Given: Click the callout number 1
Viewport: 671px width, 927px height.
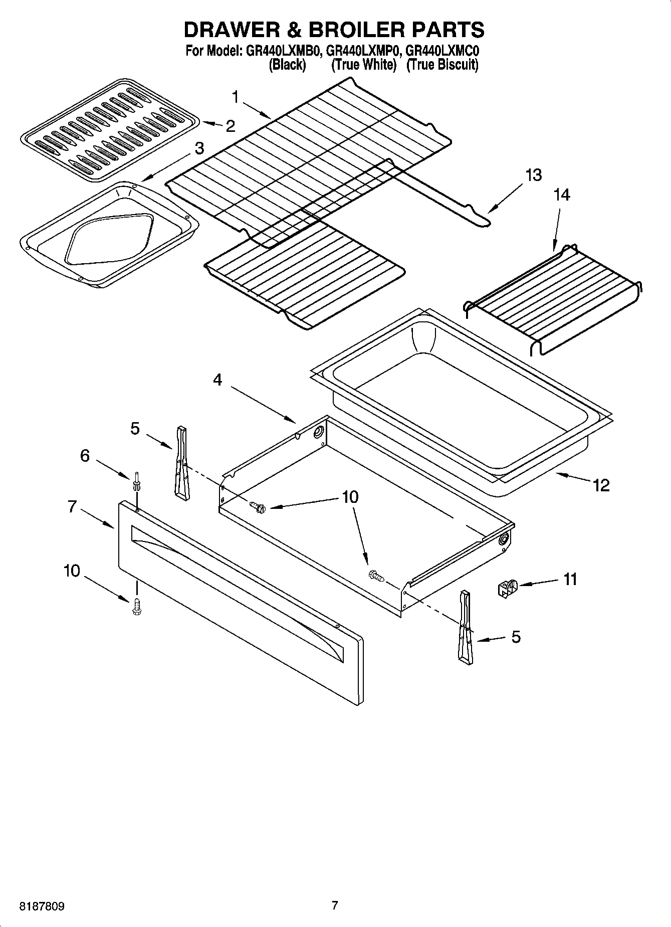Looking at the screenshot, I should (236, 97).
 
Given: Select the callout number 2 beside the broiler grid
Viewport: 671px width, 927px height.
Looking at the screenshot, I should (230, 126).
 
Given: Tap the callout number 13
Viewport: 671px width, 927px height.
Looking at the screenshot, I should (534, 175).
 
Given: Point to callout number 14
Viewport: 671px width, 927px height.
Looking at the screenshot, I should (562, 195).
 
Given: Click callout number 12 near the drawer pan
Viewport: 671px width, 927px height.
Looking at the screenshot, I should (601, 485).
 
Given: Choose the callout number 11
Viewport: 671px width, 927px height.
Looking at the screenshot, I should (570, 580).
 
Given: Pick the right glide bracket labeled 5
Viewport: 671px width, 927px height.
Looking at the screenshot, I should (465, 628).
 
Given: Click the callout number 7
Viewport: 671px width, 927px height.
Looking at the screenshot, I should (72, 507).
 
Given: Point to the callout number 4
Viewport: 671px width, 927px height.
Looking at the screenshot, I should (217, 380).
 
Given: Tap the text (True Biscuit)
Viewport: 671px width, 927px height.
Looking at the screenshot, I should (442, 65).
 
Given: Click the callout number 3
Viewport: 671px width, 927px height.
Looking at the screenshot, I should (199, 148).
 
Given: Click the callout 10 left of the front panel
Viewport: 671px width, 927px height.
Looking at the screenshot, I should (72, 571).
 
